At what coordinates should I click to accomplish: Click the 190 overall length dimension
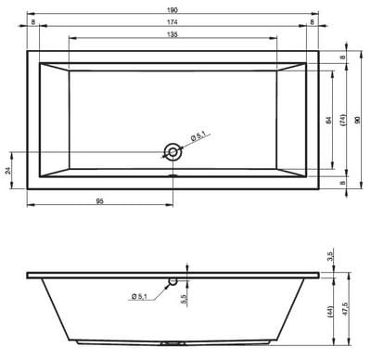pos(173,10)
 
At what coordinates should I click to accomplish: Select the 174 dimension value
pos(173,22)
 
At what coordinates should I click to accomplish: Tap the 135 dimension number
pos(173,34)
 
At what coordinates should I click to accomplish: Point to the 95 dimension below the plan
pos(99,201)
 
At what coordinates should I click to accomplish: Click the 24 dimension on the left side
pos(8,171)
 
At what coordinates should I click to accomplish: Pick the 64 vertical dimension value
pos(328,120)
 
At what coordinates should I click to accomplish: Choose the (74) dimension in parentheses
pos(343,120)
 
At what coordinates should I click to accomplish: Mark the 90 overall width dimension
pos(358,120)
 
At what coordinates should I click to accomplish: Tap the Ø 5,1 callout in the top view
pos(198,136)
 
